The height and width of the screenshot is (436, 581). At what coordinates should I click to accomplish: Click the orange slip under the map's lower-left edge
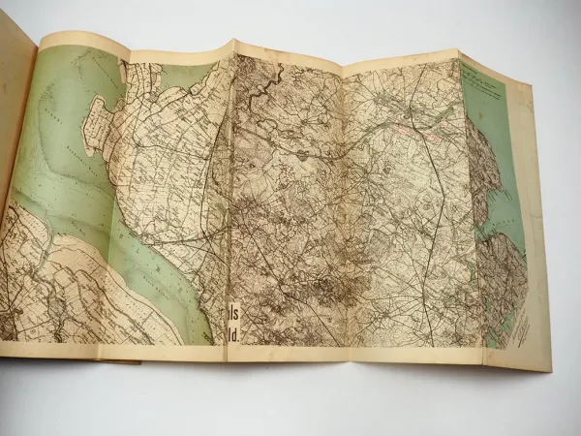click(x=116, y=361)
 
